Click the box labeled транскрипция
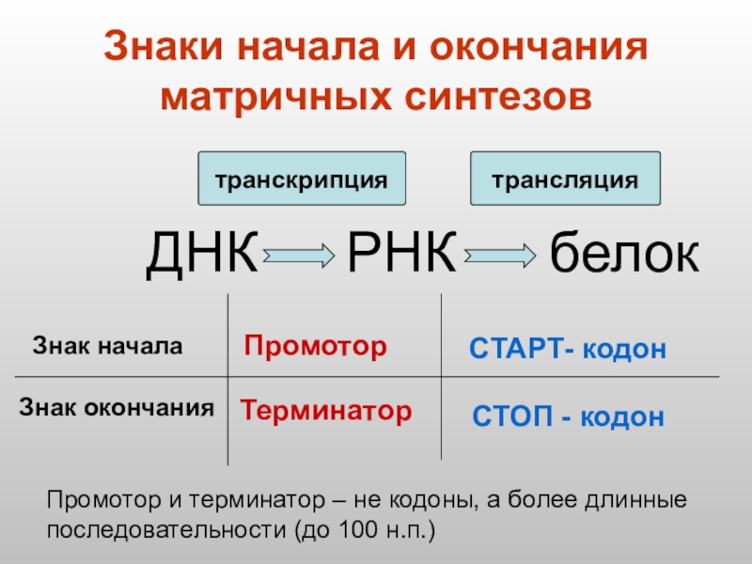(301, 179)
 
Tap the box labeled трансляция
(565, 179)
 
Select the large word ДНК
(201, 253)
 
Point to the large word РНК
(401, 253)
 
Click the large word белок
(624, 254)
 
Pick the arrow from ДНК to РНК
(299, 254)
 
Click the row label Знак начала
(107, 345)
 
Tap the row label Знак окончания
(117, 408)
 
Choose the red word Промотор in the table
(315, 347)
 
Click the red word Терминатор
(325, 410)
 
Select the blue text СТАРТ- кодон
(567, 351)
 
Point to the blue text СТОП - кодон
(567, 416)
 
